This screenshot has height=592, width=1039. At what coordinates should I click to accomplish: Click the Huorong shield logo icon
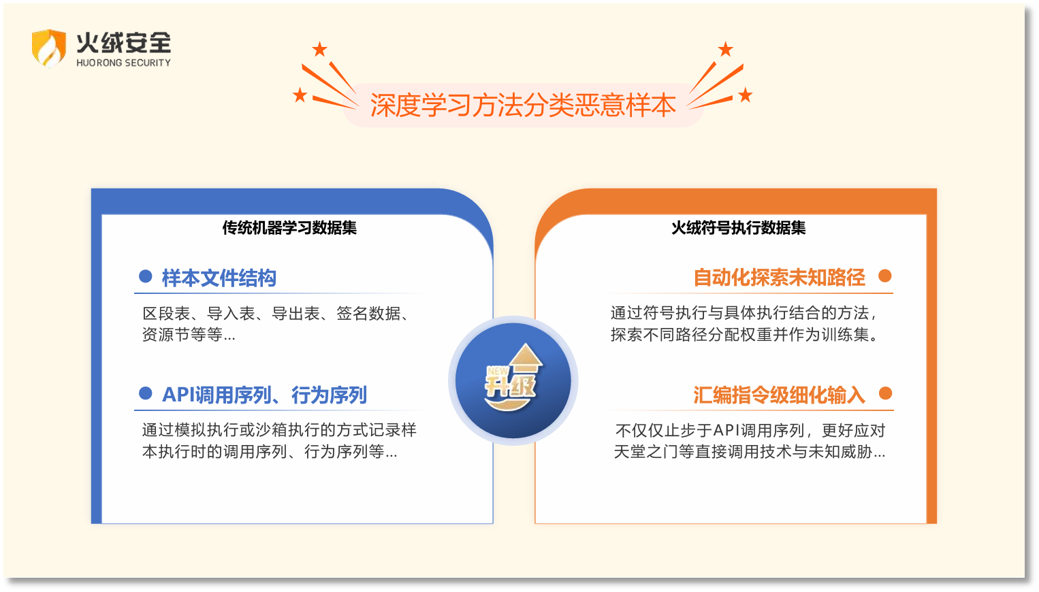coord(48,48)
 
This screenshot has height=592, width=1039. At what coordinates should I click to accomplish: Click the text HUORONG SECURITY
coord(123,63)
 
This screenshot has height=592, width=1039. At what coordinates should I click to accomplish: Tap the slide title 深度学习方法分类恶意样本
coord(522,105)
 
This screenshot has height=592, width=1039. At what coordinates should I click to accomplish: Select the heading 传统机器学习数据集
coord(289,228)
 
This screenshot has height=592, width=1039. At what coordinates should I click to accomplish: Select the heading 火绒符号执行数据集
coord(738,228)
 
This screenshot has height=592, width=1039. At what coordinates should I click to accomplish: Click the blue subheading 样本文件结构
coord(219,278)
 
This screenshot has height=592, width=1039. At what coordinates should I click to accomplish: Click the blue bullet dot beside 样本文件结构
coord(145,276)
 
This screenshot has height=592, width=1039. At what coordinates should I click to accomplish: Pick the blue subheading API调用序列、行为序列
coord(264,395)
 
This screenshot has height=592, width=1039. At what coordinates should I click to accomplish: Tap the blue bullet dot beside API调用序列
coord(145,393)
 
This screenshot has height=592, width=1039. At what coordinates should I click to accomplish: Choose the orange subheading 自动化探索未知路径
coord(779,277)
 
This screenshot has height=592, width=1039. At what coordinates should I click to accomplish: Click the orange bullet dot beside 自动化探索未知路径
coord(885,276)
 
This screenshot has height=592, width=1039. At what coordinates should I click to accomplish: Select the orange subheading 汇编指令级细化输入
coord(779,395)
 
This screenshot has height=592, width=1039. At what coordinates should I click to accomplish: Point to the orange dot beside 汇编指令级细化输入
coord(885,393)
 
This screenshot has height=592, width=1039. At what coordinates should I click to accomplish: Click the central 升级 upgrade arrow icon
coord(513,380)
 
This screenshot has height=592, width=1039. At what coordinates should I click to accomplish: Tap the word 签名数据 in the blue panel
coord(368,314)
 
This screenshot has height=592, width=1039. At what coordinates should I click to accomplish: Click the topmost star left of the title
coord(319,50)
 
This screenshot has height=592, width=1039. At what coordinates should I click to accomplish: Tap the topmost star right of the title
coord(726,49)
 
